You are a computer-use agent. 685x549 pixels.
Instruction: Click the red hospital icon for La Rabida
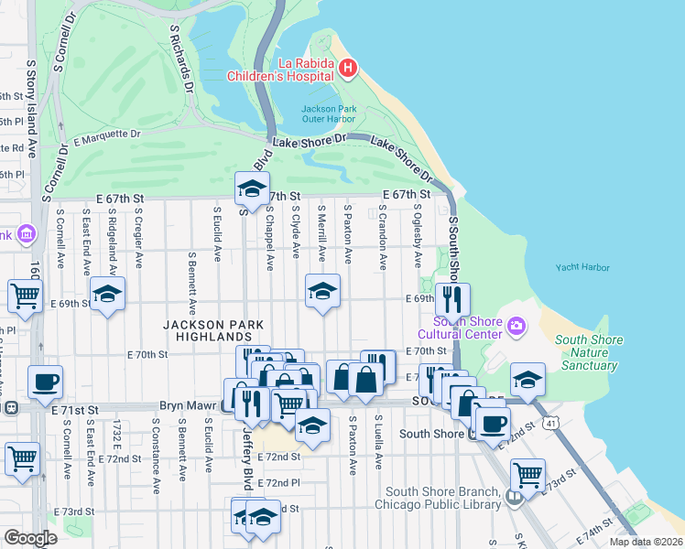[347, 67]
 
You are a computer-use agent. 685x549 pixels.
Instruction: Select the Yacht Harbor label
[582, 268]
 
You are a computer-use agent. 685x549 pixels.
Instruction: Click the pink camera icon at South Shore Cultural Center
[517, 326]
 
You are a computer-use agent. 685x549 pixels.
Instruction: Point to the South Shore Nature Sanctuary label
[589, 352]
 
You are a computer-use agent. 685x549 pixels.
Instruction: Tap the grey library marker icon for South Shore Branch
[514, 498]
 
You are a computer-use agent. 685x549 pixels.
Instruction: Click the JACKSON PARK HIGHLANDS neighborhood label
[213, 331]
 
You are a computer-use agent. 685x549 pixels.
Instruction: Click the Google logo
[30, 538]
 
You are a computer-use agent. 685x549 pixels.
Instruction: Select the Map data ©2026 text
[646, 542]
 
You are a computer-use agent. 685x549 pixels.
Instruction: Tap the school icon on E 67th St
[252, 188]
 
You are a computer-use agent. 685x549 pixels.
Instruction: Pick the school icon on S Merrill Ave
[321, 291]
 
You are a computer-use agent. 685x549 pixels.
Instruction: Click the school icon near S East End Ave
[107, 293]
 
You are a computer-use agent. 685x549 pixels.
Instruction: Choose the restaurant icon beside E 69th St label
[451, 298]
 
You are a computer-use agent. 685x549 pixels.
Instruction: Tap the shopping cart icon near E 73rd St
[527, 474]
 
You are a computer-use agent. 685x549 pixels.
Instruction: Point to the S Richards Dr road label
[182, 54]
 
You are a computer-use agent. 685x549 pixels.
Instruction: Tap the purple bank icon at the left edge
[25, 235]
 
